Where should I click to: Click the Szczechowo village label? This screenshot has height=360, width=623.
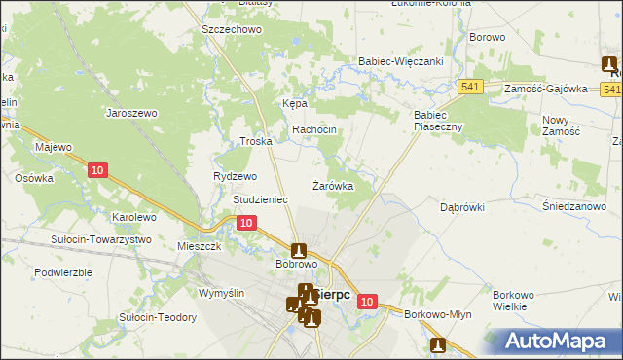(x=232, y=30)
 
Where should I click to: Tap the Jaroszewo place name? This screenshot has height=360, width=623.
(x=131, y=112)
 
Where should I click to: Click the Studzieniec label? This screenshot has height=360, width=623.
(x=260, y=199)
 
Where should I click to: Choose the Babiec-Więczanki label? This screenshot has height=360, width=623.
(x=402, y=61)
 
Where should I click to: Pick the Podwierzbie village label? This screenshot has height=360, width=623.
(x=62, y=272)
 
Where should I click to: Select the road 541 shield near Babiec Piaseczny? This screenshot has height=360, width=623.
(x=472, y=87)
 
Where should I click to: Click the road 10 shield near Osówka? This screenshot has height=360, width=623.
(x=96, y=170)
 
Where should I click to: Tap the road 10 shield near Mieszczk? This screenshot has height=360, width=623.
(x=246, y=223)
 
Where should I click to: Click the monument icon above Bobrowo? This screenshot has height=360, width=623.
(x=299, y=250)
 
